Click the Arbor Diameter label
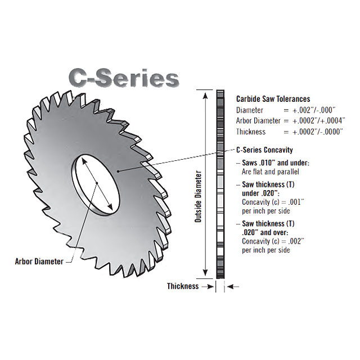tap(39, 261)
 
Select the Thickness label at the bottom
tap(183, 286)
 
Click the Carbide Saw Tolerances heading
tap(273, 99)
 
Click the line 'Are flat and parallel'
tap(271, 172)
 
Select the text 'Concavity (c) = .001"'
tap(273, 202)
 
